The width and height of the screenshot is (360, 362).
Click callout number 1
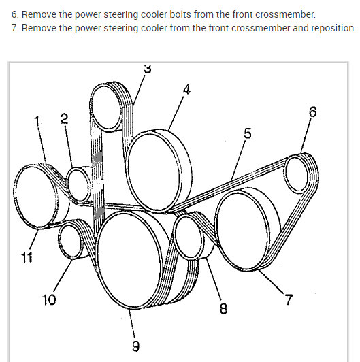point(37,121)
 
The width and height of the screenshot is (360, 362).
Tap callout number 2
point(64,118)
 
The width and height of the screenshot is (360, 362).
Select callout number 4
point(187,89)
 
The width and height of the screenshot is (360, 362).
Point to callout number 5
point(247,133)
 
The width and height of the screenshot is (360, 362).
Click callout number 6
point(312,112)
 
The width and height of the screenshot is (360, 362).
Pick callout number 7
point(289,299)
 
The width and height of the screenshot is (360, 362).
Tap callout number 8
point(223,308)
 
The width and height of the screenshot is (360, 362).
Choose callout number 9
point(136,346)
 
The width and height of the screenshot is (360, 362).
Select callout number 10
point(49,300)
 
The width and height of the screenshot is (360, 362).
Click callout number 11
point(27,257)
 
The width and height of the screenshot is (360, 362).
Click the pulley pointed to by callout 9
point(129,260)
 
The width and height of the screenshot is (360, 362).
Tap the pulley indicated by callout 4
point(159,171)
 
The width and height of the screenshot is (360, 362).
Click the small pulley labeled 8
point(189,237)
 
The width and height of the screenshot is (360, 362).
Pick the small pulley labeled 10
point(70,241)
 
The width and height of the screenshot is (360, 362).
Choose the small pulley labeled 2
point(78,184)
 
